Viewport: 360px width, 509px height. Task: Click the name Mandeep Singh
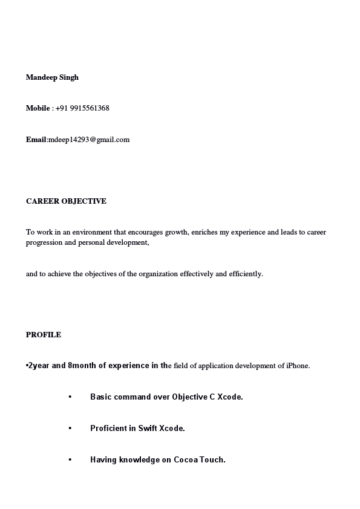[x=52, y=77]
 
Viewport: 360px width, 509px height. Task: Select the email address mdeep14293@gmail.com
[x=90, y=140]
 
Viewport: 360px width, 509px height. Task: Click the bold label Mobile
[x=38, y=108]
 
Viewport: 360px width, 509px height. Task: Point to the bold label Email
[x=36, y=140]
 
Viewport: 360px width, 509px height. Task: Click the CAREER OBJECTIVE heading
[x=66, y=201]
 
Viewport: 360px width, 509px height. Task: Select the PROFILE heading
[x=44, y=335]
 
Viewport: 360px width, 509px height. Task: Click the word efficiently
[x=245, y=274]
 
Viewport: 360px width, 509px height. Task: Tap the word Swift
[x=147, y=429]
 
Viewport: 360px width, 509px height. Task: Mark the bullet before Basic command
[x=70, y=397]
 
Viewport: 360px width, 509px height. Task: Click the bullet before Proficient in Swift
[x=70, y=429]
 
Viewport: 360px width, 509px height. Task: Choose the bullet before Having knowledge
[x=70, y=460]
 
